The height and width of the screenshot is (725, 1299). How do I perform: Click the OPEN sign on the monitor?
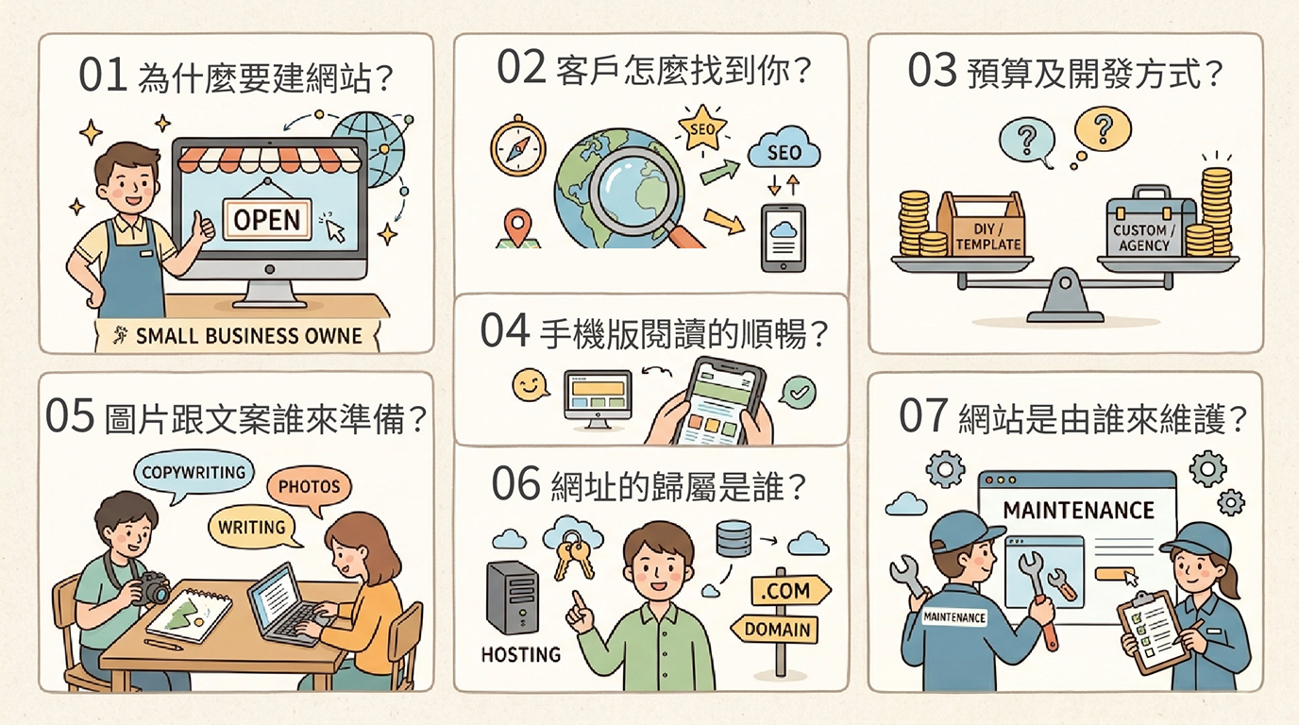(x=267, y=218)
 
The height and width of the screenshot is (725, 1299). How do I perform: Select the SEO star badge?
(x=702, y=128)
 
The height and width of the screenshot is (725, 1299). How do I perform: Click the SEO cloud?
(x=784, y=151)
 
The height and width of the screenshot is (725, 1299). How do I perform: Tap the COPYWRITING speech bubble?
(x=194, y=476)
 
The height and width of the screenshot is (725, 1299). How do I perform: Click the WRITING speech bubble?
(x=253, y=528)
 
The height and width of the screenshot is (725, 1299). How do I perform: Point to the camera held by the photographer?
(x=152, y=587)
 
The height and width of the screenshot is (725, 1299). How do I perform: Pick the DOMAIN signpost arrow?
(x=775, y=630)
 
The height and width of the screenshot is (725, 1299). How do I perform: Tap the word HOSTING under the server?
(x=521, y=655)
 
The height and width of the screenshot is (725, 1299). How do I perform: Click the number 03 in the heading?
(x=932, y=71)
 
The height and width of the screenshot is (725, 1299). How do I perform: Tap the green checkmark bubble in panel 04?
(x=798, y=392)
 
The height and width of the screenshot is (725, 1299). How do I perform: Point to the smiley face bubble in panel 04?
(x=530, y=384)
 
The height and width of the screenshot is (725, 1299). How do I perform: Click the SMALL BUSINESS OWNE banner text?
(x=249, y=336)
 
